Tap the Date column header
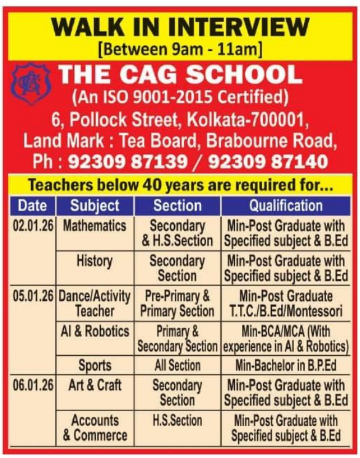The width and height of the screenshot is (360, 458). [32, 205]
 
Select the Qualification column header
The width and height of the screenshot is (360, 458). [285, 205]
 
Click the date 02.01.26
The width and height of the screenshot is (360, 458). [33, 226]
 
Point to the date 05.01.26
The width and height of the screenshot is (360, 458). [33, 296]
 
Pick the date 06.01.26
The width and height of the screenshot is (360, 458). [33, 385]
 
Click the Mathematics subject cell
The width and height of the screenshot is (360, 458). [94, 226]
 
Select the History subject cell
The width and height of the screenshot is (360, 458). [94, 261]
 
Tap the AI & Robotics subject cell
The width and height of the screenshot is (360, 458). [95, 331]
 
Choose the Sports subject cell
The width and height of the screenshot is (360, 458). [95, 365]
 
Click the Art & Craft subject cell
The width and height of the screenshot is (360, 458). [95, 385]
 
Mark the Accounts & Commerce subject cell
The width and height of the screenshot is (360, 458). [95, 428]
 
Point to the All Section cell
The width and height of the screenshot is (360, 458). [177, 365]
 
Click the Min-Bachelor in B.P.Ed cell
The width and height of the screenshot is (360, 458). [285, 365]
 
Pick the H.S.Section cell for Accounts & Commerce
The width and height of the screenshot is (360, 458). [177, 420]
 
